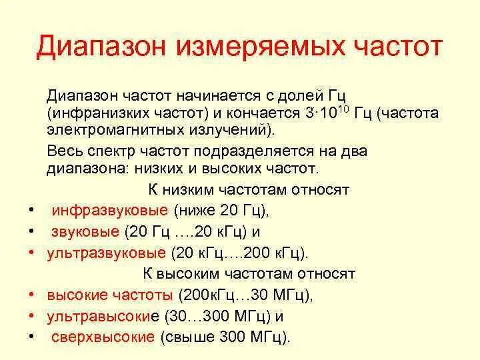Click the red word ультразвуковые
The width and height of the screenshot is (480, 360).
[106, 253]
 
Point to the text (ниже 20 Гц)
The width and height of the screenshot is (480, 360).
[221, 211]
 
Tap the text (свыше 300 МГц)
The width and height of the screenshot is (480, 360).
[225, 337]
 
